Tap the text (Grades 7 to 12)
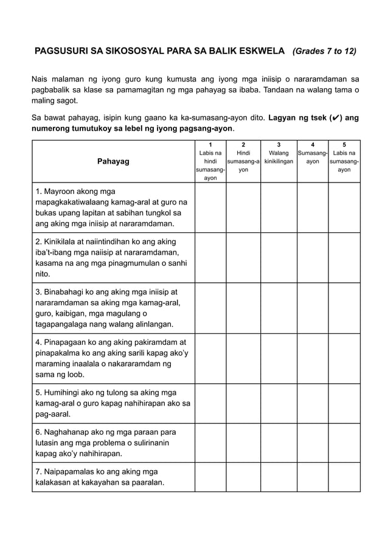tap(324, 52)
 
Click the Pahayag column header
tap(113, 161)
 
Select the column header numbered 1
tap(210, 145)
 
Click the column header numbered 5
tap(344, 145)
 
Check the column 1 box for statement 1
tap(210, 207)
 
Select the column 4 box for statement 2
tap(312, 257)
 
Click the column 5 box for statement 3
tap(344, 307)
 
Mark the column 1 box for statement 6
tap(210, 441)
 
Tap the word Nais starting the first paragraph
tap(41, 79)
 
